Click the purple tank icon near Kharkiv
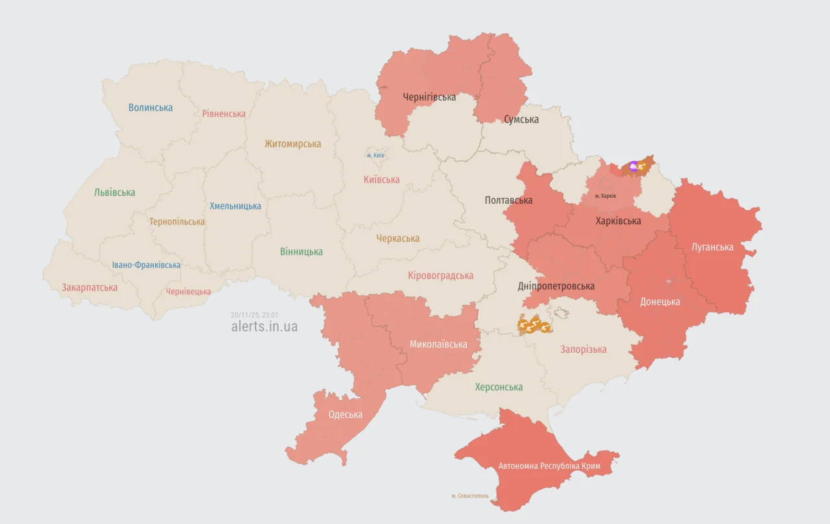(x=633, y=166)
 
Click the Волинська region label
(x=150, y=108)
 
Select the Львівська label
(x=115, y=193)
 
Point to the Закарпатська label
(x=89, y=287)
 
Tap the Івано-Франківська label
(x=146, y=265)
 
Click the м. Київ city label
(x=375, y=156)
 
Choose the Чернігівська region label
(x=429, y=97)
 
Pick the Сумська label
(x=521, y=119)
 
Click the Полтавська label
(x=508, y=200)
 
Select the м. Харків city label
(x=606, y=196)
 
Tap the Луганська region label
(x=713, y=247)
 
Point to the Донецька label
(x=660, y=302)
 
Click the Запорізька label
(x=584, y=350)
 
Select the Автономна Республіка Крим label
(x=549, y=466)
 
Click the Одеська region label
(x=346, y=415)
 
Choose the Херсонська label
(x=499, y=387)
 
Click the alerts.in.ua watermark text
(x=265, y=326)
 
